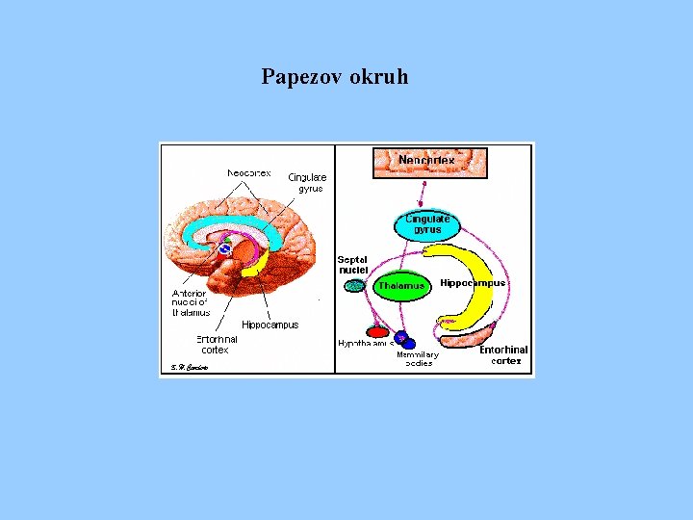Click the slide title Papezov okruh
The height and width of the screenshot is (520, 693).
334,76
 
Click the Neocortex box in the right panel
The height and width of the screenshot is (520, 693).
429,162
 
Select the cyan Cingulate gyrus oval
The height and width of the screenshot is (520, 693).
427,224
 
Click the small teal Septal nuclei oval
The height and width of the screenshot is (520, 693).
355,285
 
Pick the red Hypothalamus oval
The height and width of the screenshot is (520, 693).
378,332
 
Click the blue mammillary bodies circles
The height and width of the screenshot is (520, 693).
404,339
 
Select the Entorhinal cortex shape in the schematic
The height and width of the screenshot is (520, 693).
468,333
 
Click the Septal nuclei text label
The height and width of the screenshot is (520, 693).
352,265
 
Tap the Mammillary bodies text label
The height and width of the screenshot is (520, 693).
418,358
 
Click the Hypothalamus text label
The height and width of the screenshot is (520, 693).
365,344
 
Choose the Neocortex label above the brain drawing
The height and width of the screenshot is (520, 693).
248,173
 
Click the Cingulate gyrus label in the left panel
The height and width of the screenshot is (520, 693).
308,182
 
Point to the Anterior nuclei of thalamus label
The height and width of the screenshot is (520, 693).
190,302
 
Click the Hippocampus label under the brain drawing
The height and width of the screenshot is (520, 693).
269,325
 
